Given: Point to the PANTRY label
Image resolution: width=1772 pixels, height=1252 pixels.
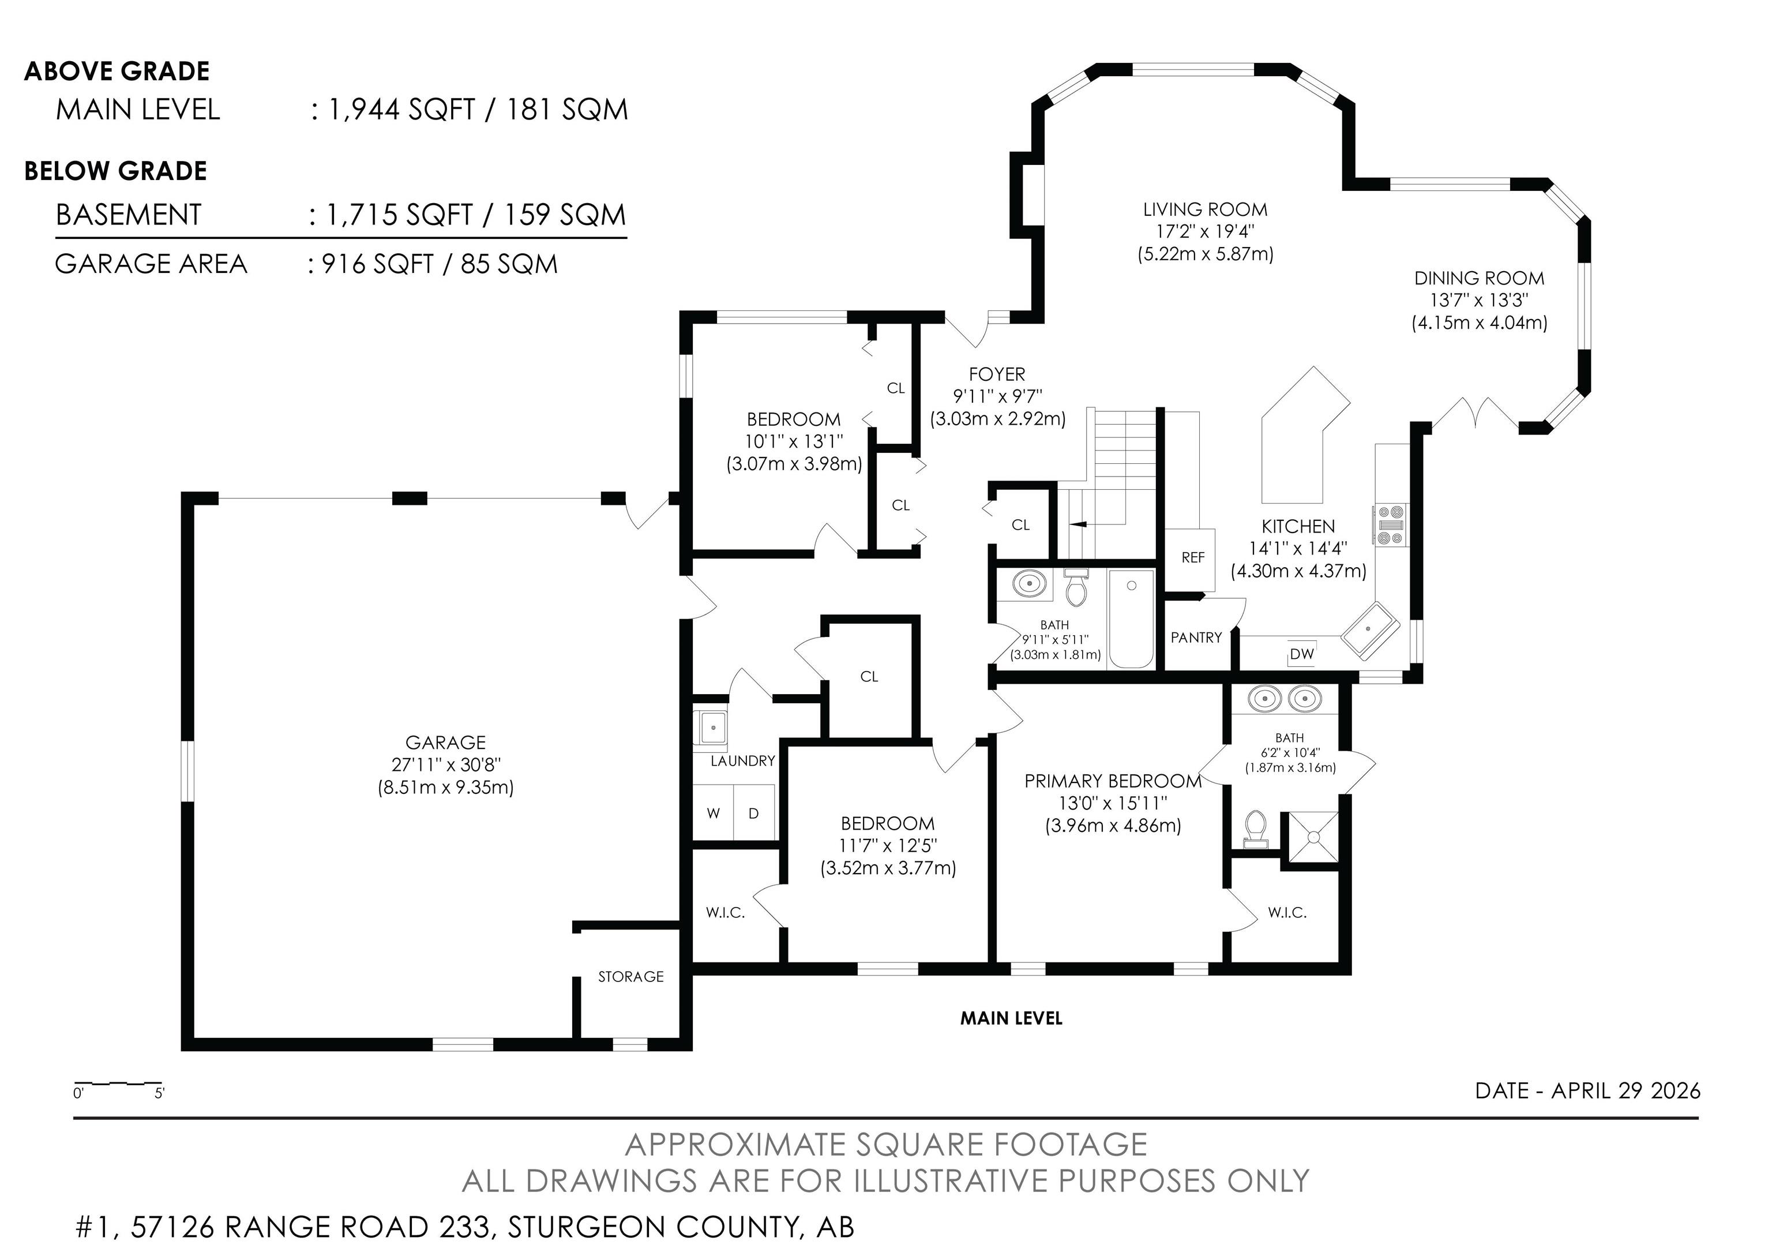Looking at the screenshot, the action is click(1196, 638).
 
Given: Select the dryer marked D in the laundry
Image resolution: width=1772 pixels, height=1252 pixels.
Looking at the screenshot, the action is click(754, 813).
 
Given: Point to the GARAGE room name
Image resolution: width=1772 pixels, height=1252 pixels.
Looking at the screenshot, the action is click(445, 743).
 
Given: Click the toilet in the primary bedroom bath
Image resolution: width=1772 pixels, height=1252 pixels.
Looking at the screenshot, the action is click(1256, 829).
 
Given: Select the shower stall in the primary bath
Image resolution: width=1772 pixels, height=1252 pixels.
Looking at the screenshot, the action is click(1310, 836).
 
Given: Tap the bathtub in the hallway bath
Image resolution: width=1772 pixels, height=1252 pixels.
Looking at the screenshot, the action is click(1131, 619).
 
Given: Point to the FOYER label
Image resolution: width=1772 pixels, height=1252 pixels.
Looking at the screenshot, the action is click(997, 374).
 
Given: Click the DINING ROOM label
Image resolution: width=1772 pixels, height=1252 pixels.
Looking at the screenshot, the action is click(1479, 278).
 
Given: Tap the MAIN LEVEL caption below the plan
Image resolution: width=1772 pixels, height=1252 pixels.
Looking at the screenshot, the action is click(1011, 1018).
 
